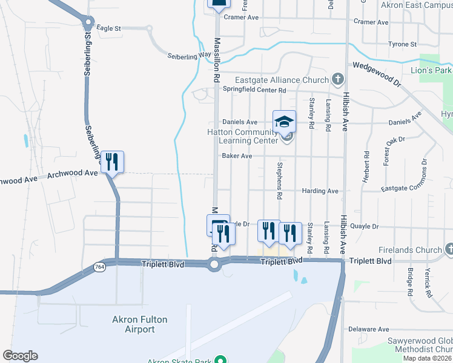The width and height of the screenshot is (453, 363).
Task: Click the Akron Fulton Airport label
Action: (133, 324)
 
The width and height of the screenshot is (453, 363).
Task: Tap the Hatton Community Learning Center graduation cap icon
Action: (285, 122)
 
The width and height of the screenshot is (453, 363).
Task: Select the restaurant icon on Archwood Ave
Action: (112, 162)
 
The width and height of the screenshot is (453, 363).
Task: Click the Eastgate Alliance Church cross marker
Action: (337, 79)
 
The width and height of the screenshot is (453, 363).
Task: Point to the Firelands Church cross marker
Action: (449, 249)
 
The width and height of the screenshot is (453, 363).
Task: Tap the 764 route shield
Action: (99, 266)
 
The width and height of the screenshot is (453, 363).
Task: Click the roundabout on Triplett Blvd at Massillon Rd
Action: (214, 264)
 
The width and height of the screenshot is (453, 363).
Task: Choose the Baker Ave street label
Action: (237, 155)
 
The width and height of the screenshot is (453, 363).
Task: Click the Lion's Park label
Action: (431, 71)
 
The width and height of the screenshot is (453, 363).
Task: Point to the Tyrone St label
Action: (402, 44)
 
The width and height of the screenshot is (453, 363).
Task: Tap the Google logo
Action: (21, 356)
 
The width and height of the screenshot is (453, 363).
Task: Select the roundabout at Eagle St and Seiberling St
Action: (88, 24)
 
